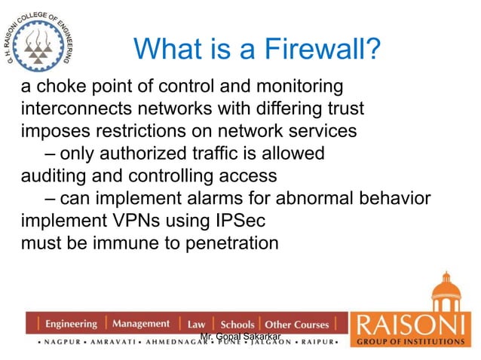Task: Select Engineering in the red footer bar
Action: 71,325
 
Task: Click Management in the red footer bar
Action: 141,324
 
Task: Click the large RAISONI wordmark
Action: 412,325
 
